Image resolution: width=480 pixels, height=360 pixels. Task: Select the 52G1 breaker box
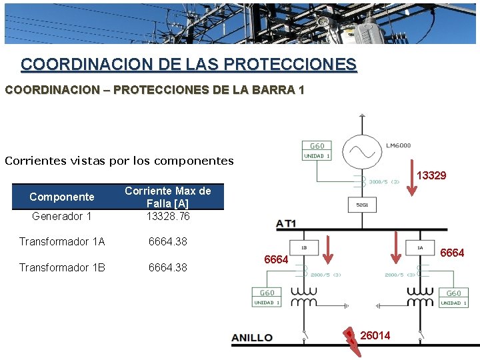[x=361, y=204]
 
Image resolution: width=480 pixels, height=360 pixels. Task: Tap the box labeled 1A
[x=419, y=248]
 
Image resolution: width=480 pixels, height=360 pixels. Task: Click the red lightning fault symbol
[x=350, y=337]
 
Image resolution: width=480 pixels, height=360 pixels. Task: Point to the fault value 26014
[x=375, y=335]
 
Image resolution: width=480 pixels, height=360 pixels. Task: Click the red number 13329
[x=431, y=175]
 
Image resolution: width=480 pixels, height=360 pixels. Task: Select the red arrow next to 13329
[x=413, y=177]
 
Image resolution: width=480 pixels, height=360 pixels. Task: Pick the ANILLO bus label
[x=252, y=337]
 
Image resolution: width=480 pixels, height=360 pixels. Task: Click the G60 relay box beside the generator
[x=317, y=150]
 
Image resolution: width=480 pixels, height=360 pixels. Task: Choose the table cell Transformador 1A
[x=62, y=241]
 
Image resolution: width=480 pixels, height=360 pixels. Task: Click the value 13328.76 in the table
[x=168, y=216]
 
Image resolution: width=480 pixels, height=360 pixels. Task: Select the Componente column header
[x=62, y=197]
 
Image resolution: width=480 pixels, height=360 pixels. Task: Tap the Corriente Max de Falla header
[x=168, y=197]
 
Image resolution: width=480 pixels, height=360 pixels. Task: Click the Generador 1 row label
[x=62, y=216]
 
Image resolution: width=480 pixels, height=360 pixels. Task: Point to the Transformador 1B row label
[x=62, y=267]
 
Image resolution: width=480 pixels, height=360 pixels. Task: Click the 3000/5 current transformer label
[x=384, y=181]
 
